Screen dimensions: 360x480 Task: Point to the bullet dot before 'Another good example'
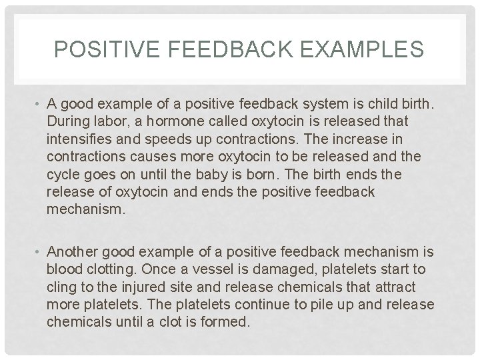coord(39,251)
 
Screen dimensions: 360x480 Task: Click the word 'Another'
coord(71,251)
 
